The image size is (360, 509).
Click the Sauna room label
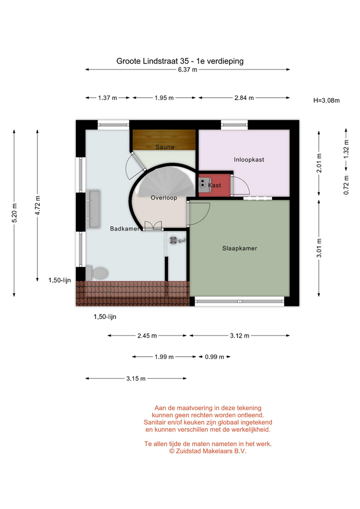[x=164, y=147]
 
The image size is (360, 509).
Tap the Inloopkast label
[x=249, y=160]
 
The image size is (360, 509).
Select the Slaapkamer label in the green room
[x=240, y=248]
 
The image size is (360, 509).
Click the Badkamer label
[x=125, y=229]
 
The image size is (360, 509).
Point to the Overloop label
[x=164, y=198]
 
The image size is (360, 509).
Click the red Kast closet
[x=215, y=185]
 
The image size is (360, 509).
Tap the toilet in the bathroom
[x=96, y=274]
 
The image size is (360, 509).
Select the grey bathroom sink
[x=94, y=209]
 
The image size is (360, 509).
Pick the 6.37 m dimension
[x=188, y=69]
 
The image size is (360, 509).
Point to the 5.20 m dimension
[x=14, y=213]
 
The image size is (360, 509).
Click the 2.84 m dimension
[x=244, y=98]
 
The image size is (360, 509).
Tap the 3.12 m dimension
[x=240, y=336]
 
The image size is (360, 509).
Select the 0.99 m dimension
[x=214, y=357]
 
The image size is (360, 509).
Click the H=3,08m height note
[x=326, y=101]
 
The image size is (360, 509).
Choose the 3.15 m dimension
[x=136, y=379]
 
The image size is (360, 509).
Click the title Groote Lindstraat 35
[x=152, y=61]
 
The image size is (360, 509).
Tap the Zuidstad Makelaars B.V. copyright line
[x=208, y=451]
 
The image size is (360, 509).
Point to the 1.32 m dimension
[x=346, y=149]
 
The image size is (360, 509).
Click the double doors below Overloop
[x=153, y=226]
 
